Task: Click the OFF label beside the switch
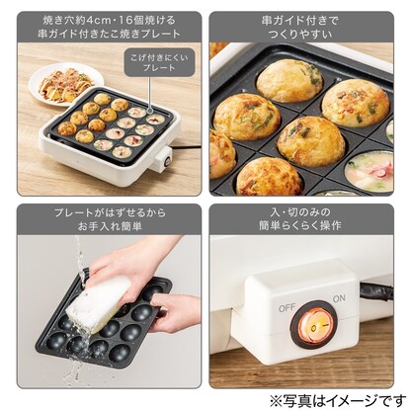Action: (287, 308)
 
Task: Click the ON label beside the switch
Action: (339, 298)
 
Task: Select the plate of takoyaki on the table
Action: (66, 84)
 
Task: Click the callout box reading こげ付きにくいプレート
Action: (159, 62)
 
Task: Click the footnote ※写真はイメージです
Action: (338, 400)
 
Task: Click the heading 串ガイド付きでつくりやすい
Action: (301, 28)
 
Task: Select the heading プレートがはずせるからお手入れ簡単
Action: (110, 219)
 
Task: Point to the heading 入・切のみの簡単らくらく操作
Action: (301, 219)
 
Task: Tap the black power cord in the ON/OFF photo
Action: (376, 292)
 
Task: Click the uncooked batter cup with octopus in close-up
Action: (369, 170)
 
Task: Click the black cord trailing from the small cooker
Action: (186, 147)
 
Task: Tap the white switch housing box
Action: (300, 309)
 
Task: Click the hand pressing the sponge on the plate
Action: (130, 264)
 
